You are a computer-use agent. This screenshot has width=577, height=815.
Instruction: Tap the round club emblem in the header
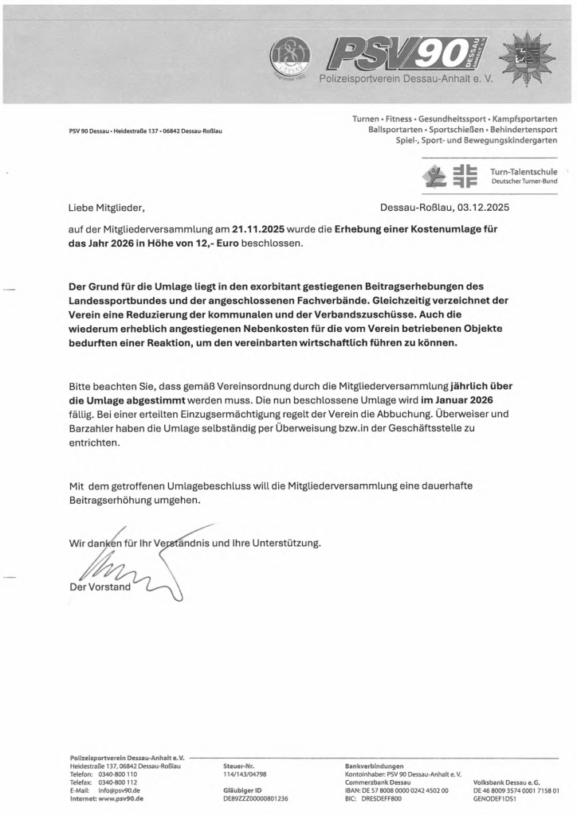(x=290, y=57)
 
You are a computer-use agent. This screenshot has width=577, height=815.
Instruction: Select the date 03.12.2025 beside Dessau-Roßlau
(x=481, y=209)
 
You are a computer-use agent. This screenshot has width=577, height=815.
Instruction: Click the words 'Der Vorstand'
(x=101, y=587)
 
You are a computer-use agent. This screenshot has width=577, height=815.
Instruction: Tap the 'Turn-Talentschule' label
(x=524, y=172)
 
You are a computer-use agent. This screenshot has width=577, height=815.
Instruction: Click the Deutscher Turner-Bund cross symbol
(x=465, y=177)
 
